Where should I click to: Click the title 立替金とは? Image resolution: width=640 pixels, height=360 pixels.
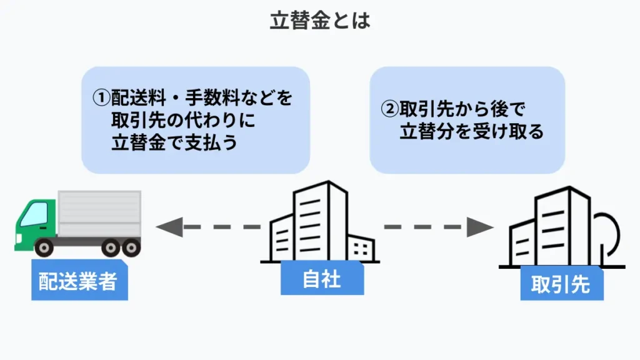coord(320,21)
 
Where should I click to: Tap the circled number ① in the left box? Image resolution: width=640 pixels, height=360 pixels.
coord(101,98)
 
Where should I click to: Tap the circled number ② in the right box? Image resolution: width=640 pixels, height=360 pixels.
coord(389,109)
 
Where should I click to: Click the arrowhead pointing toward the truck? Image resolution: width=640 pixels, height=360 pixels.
coord(169,227)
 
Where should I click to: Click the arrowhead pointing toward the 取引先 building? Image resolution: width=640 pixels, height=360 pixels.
coord(480,227)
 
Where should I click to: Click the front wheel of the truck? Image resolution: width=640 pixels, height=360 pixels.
coord(44,247)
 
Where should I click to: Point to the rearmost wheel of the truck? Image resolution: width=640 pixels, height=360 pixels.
coord(131,247)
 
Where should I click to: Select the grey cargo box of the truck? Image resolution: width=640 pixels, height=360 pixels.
coord(99,213)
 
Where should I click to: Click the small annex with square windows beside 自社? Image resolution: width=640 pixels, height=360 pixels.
coord(361,248)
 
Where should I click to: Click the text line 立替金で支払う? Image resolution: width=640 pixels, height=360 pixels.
coord(174,142)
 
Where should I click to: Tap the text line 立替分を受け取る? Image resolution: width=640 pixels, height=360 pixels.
coord(472,131)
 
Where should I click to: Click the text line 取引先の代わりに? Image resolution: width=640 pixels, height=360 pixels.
coord(184,121)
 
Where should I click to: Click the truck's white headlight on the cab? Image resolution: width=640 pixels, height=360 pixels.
coord(19,238)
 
